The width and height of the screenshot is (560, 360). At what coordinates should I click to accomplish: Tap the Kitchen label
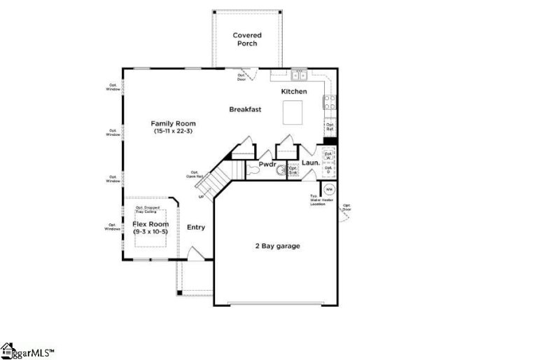tap(294, 92)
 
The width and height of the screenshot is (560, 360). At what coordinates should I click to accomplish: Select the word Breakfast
tap(245, 109)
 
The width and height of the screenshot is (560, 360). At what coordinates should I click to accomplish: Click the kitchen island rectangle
tap(293, 111)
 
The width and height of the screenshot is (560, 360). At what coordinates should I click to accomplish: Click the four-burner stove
tap(329, 102)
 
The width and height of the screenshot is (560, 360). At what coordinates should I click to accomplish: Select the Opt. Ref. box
tap(330, 127)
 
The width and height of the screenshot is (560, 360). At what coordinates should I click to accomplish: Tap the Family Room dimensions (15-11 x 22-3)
tap(173, 131)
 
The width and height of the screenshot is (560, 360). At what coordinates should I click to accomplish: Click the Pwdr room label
tap(267, 165)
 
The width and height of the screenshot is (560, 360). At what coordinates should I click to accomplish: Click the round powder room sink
tap(281, 169)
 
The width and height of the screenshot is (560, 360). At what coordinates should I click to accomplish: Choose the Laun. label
tap(311, 163)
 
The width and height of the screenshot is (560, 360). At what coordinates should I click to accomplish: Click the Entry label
tap(196, 227)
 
